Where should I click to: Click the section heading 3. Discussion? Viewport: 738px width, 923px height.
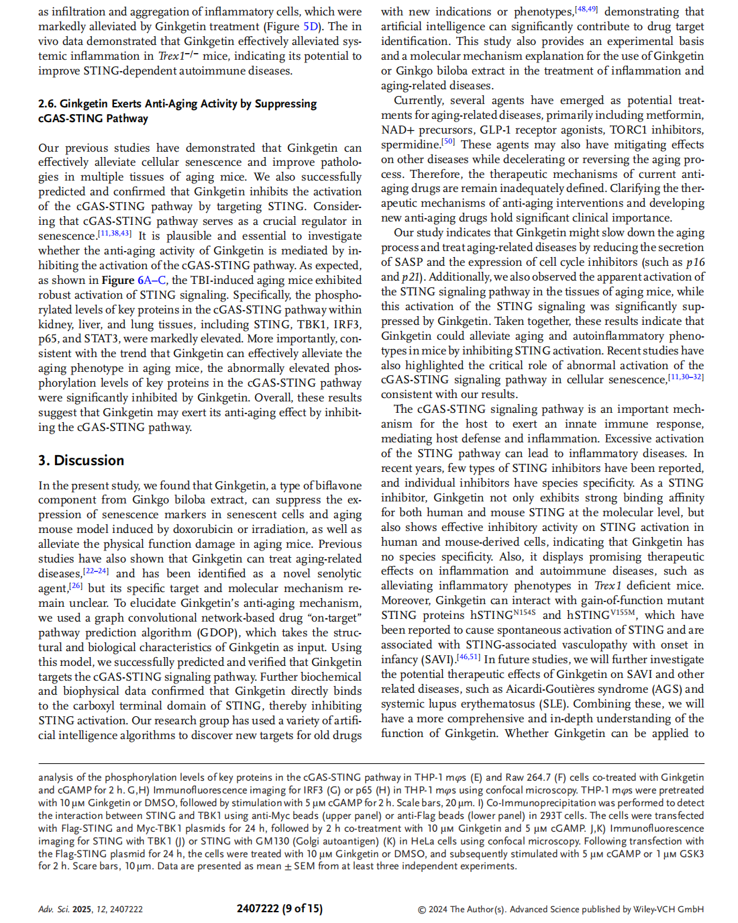click(x=81, y=460)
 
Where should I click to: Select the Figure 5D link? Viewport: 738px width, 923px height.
click(x=311, y=27)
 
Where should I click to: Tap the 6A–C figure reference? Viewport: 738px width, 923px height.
click(x=153, y=281)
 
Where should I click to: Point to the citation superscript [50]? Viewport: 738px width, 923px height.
click(x=448, y=142)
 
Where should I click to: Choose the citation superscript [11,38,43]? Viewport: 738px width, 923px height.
click(x=115, y=233)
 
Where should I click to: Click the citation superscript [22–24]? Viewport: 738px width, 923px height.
click(x=96, y=571)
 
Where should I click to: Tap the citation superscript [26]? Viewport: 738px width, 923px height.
click(x=76, y=585)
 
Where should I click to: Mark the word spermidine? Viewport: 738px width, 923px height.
click(x=411, y=145)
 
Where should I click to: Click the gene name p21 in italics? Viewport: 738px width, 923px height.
click(x=410, y=277)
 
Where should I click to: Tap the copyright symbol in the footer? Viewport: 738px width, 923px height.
click(x=422, y=910)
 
